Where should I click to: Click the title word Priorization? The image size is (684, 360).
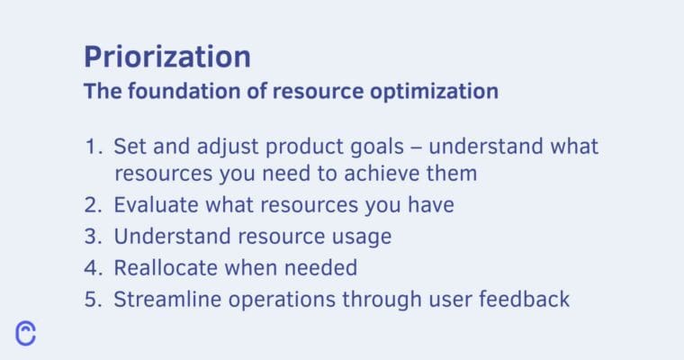(x=167, y=57)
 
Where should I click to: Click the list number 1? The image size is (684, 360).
(x=93, y=146)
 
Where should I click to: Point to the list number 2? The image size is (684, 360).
(x=93, y=205)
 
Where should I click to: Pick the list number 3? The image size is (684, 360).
(x=93, y=237)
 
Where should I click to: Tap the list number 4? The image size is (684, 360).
(x=93, y=267)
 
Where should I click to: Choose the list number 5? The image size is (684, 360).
(x=93, y=299)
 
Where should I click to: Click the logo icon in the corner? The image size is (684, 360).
(x=26, y=332)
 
